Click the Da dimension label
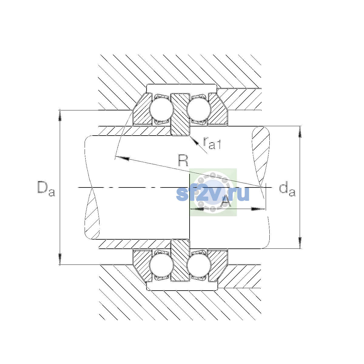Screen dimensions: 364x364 coord(46,189)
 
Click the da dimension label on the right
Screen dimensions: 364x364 coord(287,189)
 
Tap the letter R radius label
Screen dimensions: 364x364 coord(183,160)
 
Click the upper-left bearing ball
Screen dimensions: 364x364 coord(161,109)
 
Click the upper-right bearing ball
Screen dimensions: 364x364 coord(199,109)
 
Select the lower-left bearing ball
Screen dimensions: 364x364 coord(161,265)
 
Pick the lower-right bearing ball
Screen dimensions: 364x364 coord(199,265)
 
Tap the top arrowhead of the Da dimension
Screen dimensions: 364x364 coord(60,115)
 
